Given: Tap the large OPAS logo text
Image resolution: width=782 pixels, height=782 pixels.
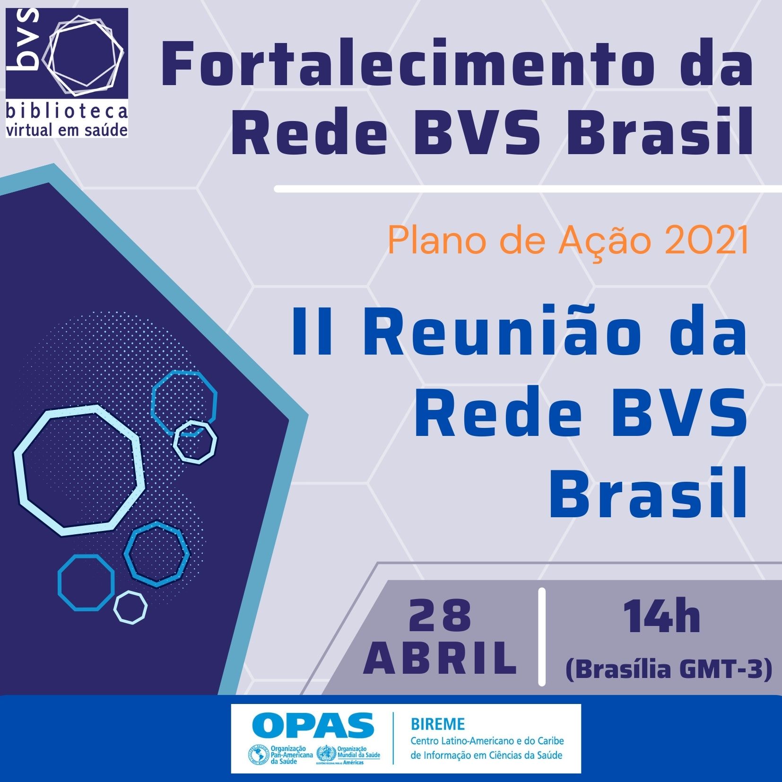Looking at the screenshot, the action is point(313,725).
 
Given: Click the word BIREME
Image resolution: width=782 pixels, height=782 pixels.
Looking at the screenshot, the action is point(438,724).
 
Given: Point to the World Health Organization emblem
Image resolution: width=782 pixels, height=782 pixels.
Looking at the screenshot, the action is point(326,754).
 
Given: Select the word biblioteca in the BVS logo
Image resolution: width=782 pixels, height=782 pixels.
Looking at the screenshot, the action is point(67,112).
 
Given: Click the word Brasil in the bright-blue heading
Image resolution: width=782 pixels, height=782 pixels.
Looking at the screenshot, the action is point(648,493).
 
